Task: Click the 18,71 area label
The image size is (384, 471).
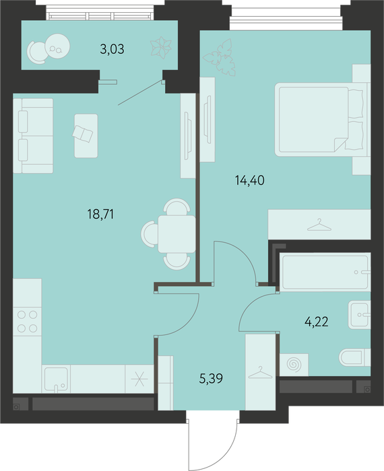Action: pos(100,215)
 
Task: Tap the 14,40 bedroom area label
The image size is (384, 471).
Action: pos(250,180)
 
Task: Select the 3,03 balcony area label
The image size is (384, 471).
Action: pos(112,49)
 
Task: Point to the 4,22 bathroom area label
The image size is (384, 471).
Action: pos(317,322)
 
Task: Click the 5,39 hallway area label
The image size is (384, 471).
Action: pos(211,378)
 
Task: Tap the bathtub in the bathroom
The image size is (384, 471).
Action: pos(325,272)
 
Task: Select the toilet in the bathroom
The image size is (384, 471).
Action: pos(355,357)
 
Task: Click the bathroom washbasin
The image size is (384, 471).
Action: pos(359,315)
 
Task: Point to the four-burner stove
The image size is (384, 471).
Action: pos(27,322)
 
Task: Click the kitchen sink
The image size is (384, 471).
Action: pos(56,379)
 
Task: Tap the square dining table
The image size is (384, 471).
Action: pos(177,233)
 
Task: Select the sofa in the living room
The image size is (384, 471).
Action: pos(33,136)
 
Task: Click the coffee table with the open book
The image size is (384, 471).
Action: pos(86,136)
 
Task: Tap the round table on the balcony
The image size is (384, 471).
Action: pos(57,46)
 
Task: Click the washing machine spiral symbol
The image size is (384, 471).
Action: pos(294,365)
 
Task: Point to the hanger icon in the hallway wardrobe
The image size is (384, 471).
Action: pos(261,373)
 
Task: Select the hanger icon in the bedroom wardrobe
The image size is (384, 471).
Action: pos(319,225)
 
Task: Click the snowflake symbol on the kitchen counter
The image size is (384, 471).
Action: pos(139,379)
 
